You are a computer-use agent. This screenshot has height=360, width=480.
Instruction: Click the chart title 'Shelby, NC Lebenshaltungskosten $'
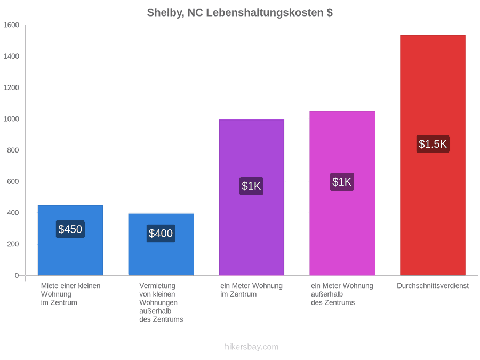click(x=239, y=13)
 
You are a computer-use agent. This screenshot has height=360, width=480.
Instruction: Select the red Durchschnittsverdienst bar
click(x=433, y=155)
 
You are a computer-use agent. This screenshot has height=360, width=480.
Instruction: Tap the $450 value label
click(x=70, y=229)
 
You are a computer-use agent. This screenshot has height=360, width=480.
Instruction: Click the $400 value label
click(x=161, y=233)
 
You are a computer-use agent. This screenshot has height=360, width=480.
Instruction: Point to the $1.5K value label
click(x=433, y=144)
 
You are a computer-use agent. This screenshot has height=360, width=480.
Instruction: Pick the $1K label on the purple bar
click(x=251, y=186)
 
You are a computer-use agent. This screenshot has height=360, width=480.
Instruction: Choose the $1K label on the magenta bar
click(x=342, y=182)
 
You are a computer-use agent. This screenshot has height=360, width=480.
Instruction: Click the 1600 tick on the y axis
click(x=11, y=25)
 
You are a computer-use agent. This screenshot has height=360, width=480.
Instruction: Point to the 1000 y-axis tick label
click(x=11, y=119)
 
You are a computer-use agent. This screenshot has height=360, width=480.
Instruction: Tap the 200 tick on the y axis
click(x=13, y=244)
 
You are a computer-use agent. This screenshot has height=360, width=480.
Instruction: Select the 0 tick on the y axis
click(x=17, y=275)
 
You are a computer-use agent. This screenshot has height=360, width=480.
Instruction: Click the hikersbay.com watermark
click(x=252, y=347)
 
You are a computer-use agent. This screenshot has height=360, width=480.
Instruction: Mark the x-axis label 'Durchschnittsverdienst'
click(x=433, y=286)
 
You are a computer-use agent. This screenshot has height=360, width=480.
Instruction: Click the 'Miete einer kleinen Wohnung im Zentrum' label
click(x=71, y=294)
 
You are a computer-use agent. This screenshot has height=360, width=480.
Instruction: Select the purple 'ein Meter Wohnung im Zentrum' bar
click(x=251, y=197)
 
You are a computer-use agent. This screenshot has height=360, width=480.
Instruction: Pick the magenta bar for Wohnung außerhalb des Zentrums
click(x=342, y=193)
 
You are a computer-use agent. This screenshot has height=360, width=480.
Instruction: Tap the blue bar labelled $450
click(x=70, y=240)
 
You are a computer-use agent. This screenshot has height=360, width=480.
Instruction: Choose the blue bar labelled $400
click(x=161, y=245)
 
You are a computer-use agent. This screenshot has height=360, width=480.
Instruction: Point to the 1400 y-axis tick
click(x=11, y=56)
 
